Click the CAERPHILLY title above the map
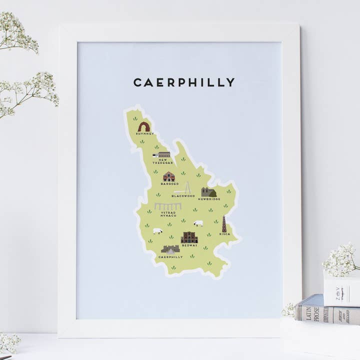click(x=183, y=82)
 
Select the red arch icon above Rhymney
click(x=144, y=126)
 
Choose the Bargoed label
click(x=169, y=183)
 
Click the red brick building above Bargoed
click(x=169, y=176)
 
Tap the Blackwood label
click(x=183, y=196)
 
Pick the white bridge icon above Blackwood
click(x=183, y=188)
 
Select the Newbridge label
click(x=209, y=199)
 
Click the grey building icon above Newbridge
click(x=208, y=192)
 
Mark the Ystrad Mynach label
click(x=168, y=214)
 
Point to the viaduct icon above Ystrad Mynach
click(x=168, y=206)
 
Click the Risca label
click(x=224, y=233)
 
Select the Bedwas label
click(x=189, y=245)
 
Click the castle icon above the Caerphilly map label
click(x=170, y=249)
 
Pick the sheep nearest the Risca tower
click(x=198, y=223)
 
